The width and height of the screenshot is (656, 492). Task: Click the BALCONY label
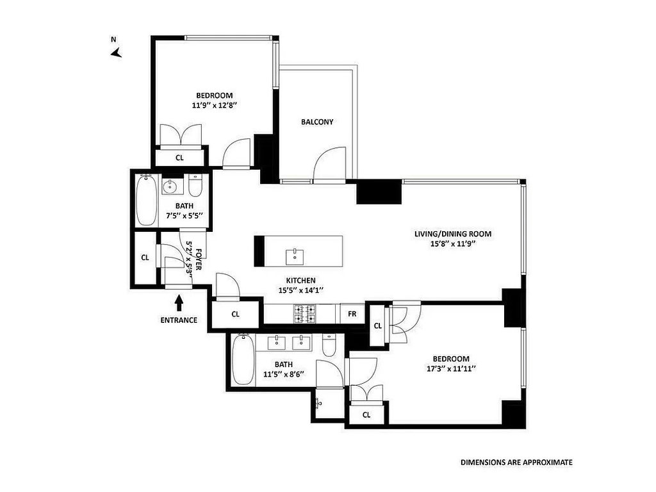[317, 122]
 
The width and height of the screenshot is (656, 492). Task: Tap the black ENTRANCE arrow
[179, 303]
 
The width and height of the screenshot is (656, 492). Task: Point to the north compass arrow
[116, 53]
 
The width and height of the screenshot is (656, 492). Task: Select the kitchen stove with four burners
[304, 314]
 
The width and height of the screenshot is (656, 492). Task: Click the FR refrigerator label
[352, 313]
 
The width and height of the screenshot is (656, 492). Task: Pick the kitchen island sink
[295, 257]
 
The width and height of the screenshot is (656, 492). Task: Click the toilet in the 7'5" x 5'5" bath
[195, 185]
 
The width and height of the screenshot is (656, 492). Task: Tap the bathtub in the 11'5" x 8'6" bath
[243, 360]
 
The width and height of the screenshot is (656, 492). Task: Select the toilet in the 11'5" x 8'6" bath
[329, 345]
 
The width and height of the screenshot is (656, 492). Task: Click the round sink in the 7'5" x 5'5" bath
[172, 185]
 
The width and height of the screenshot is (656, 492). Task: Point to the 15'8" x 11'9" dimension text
[453, 244]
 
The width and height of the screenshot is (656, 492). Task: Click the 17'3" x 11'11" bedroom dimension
[451, 369]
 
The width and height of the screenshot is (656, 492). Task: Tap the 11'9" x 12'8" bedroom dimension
[215, 106]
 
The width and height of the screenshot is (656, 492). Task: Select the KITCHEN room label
[301, 281]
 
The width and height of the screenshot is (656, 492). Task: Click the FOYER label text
[199, 259]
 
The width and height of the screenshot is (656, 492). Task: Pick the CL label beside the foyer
[145, 258]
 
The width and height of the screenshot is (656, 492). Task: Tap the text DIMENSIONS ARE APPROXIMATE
[517, 463]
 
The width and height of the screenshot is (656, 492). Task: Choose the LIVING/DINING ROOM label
[453, 234]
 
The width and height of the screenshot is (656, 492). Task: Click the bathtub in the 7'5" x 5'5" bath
[147, 201]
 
